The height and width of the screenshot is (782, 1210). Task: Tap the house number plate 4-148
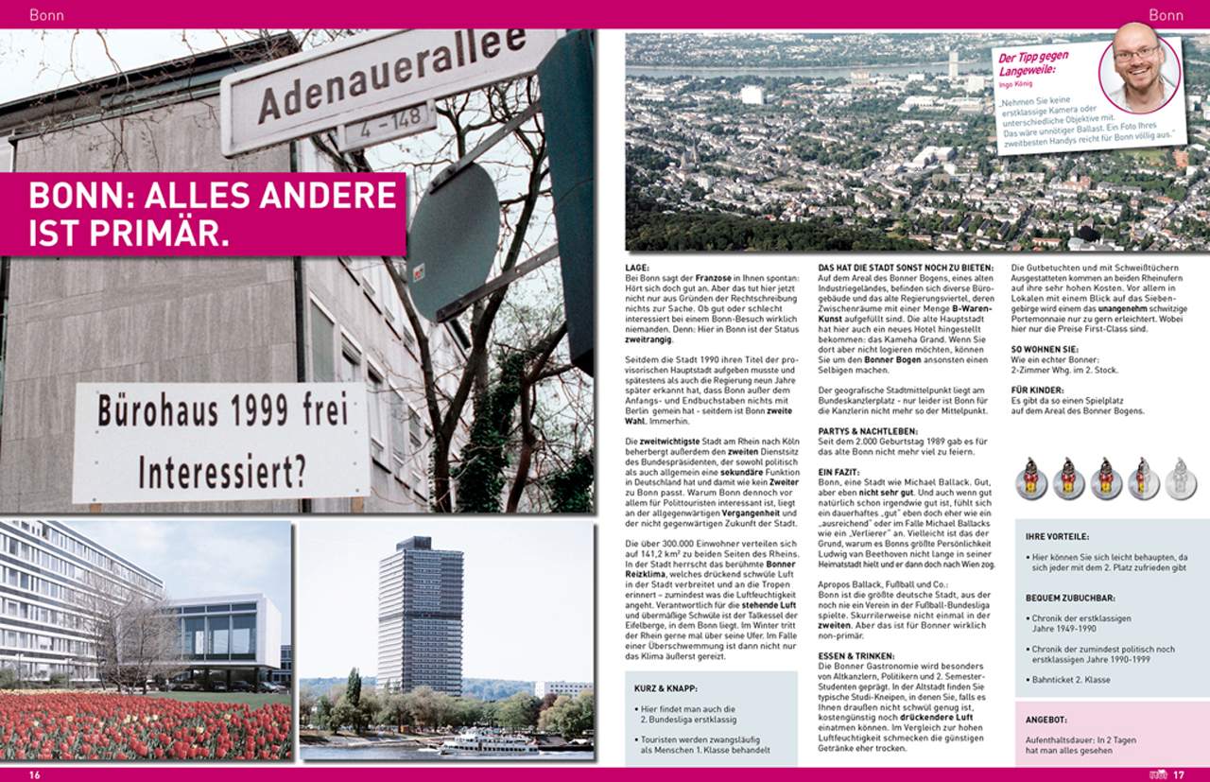386,131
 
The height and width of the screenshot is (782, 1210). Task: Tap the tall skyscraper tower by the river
420,614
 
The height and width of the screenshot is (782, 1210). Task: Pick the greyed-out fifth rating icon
1180,478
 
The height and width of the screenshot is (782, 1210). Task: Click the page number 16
35,775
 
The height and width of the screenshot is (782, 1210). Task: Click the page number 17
1178,775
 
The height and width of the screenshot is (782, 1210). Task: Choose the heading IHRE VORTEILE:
1058,537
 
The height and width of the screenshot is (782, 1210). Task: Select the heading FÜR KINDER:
1038,390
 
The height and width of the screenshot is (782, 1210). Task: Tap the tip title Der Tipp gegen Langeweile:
1033,63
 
